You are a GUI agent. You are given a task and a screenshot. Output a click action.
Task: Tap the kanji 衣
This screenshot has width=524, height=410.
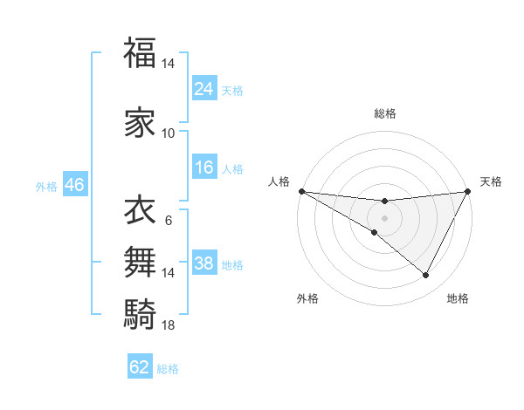pos(140,210)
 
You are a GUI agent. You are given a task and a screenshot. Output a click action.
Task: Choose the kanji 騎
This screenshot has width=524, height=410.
pos(140,311)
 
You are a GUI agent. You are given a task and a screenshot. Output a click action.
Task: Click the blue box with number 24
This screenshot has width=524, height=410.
pos(203,88)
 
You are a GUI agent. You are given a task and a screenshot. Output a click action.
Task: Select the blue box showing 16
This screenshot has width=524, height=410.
pos(203,167)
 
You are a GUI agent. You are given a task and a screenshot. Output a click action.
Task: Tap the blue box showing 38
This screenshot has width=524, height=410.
pos(203,263)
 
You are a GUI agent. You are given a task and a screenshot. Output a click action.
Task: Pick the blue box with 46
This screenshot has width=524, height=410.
pos(73,185)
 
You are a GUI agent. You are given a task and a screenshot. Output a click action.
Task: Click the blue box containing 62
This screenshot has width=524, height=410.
pos(140,367)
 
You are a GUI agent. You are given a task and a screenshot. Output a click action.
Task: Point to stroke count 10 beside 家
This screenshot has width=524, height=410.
pos(169,133)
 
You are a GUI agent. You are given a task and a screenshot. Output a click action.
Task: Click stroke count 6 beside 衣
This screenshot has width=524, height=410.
pos(169,220)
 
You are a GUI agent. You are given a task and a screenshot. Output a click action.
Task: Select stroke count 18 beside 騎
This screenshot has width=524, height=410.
pos(169,325)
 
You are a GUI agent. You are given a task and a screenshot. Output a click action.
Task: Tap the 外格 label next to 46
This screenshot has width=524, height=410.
pos(46,186)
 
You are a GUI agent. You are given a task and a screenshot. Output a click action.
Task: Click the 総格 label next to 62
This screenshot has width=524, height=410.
pos(168,368)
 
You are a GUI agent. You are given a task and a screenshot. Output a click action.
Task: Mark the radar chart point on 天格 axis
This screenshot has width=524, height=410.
pos(467,191)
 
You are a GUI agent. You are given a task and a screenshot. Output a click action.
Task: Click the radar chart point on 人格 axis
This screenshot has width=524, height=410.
pos(301,191)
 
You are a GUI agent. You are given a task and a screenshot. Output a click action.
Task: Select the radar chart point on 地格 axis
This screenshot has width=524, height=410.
pos(426,276)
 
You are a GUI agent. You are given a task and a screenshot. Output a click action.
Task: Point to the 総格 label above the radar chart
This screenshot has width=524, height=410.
pos(384,113)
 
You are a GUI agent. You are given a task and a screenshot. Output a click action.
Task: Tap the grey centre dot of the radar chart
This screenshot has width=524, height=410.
pos(384,217)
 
